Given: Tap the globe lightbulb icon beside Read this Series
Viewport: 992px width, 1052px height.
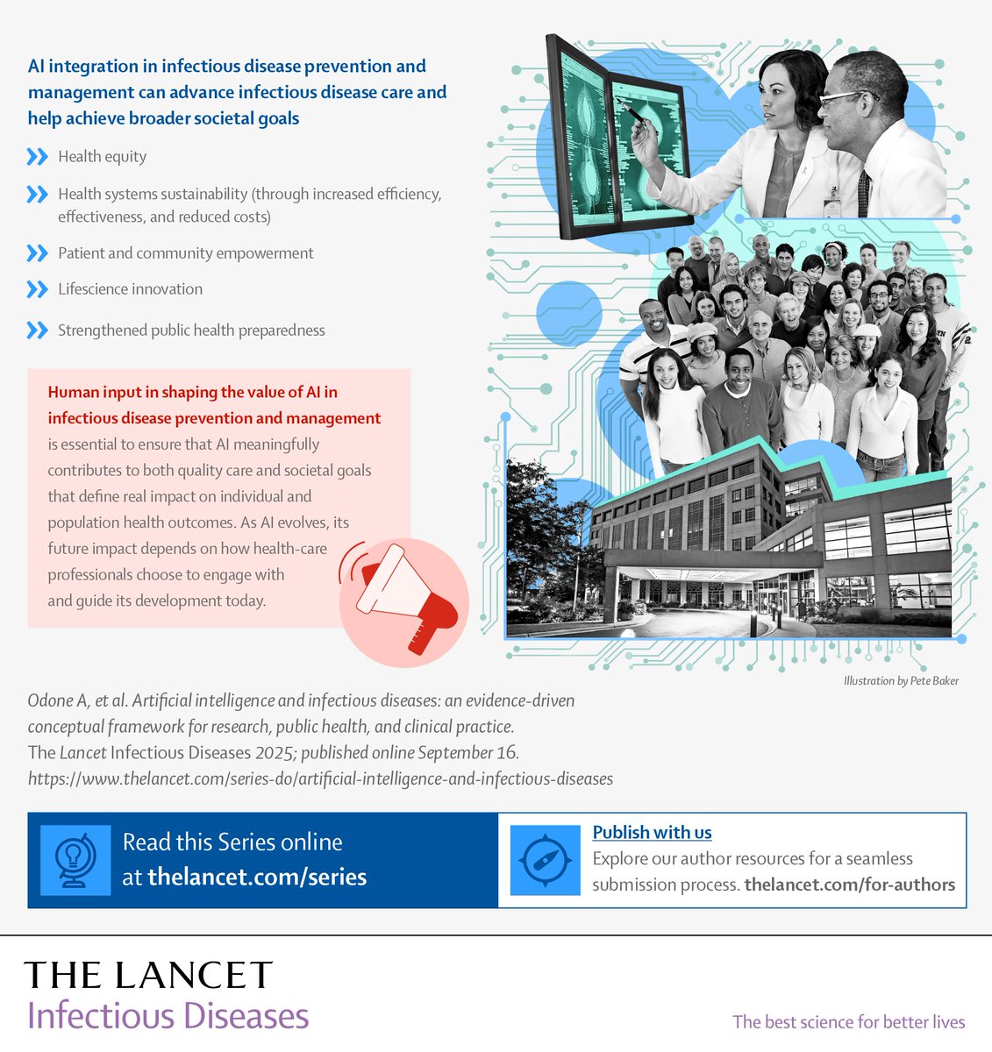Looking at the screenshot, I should coord(76,860).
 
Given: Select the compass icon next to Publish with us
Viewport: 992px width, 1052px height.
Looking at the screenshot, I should coord(545,860).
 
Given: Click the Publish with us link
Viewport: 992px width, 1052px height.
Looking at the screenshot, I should coord(652,832).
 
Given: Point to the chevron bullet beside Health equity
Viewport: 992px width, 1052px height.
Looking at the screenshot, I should coord(37,157).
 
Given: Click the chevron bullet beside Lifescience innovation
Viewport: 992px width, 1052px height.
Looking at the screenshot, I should coord(37,289).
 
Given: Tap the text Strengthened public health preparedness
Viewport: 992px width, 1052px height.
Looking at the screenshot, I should coord(191,331).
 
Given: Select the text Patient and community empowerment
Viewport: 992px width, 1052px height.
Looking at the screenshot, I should coord(185,253).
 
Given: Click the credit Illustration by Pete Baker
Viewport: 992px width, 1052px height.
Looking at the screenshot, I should coord(901,680).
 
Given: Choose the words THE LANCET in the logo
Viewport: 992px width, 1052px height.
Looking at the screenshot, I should coord(148,975).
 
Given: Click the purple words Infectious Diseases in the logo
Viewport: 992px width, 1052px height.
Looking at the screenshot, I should coord(168,1016).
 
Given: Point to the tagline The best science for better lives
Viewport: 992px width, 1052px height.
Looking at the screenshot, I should coord(848,1021).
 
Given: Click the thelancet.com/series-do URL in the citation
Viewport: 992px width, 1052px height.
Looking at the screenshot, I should coord(320,778).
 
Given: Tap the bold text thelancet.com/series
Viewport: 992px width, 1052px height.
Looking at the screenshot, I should coord(257,877).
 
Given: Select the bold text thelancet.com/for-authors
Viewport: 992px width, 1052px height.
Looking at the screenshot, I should coord(849,885).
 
